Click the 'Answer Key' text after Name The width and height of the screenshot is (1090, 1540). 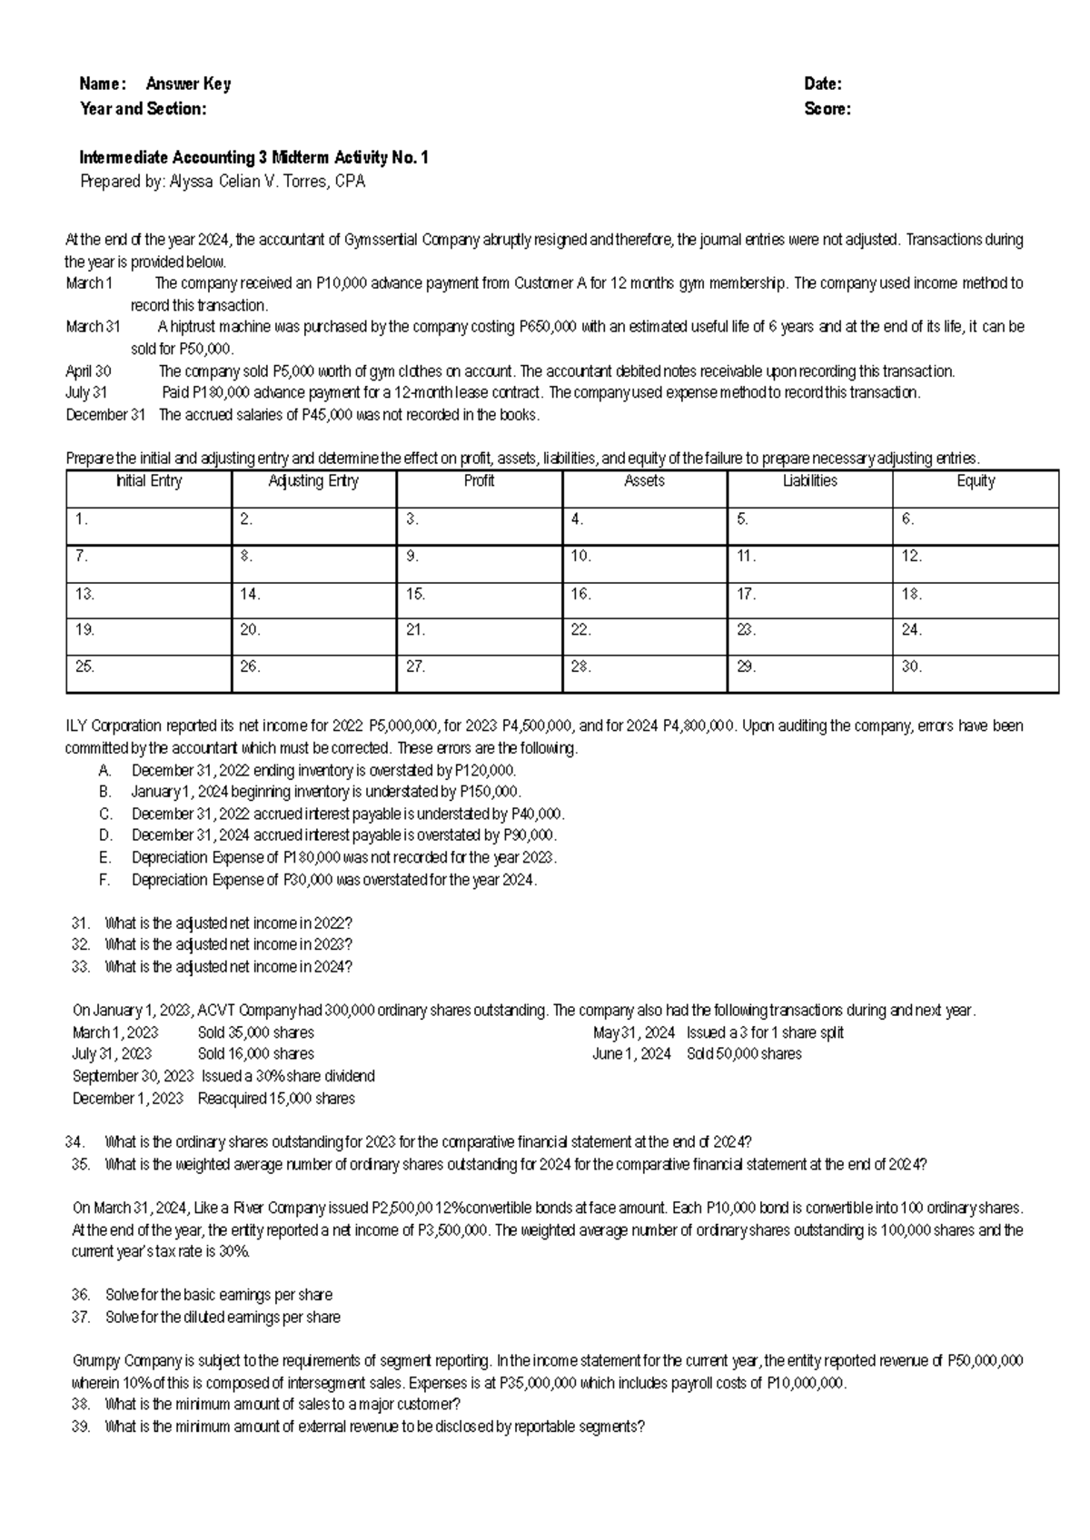click(188, 84)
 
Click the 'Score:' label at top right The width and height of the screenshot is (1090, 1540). click(827, 109)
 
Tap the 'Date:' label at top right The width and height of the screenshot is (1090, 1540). click(823, 84)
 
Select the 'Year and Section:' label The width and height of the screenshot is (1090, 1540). click(144, 109)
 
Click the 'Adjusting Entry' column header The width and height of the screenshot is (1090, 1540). click(314, 481)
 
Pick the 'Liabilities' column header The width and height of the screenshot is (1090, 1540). click(810, 481)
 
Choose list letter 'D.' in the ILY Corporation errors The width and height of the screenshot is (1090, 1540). click(106, 835)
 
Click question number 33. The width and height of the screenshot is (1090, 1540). click(81, 967)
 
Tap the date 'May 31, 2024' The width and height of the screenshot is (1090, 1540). click(634, 1033)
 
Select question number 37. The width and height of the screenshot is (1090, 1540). click(81, 1318)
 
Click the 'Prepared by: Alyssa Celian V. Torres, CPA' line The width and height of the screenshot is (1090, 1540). click(223, 183)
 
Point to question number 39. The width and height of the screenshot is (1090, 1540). click(81, 1426)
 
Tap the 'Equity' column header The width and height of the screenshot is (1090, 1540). click(976, 481)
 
